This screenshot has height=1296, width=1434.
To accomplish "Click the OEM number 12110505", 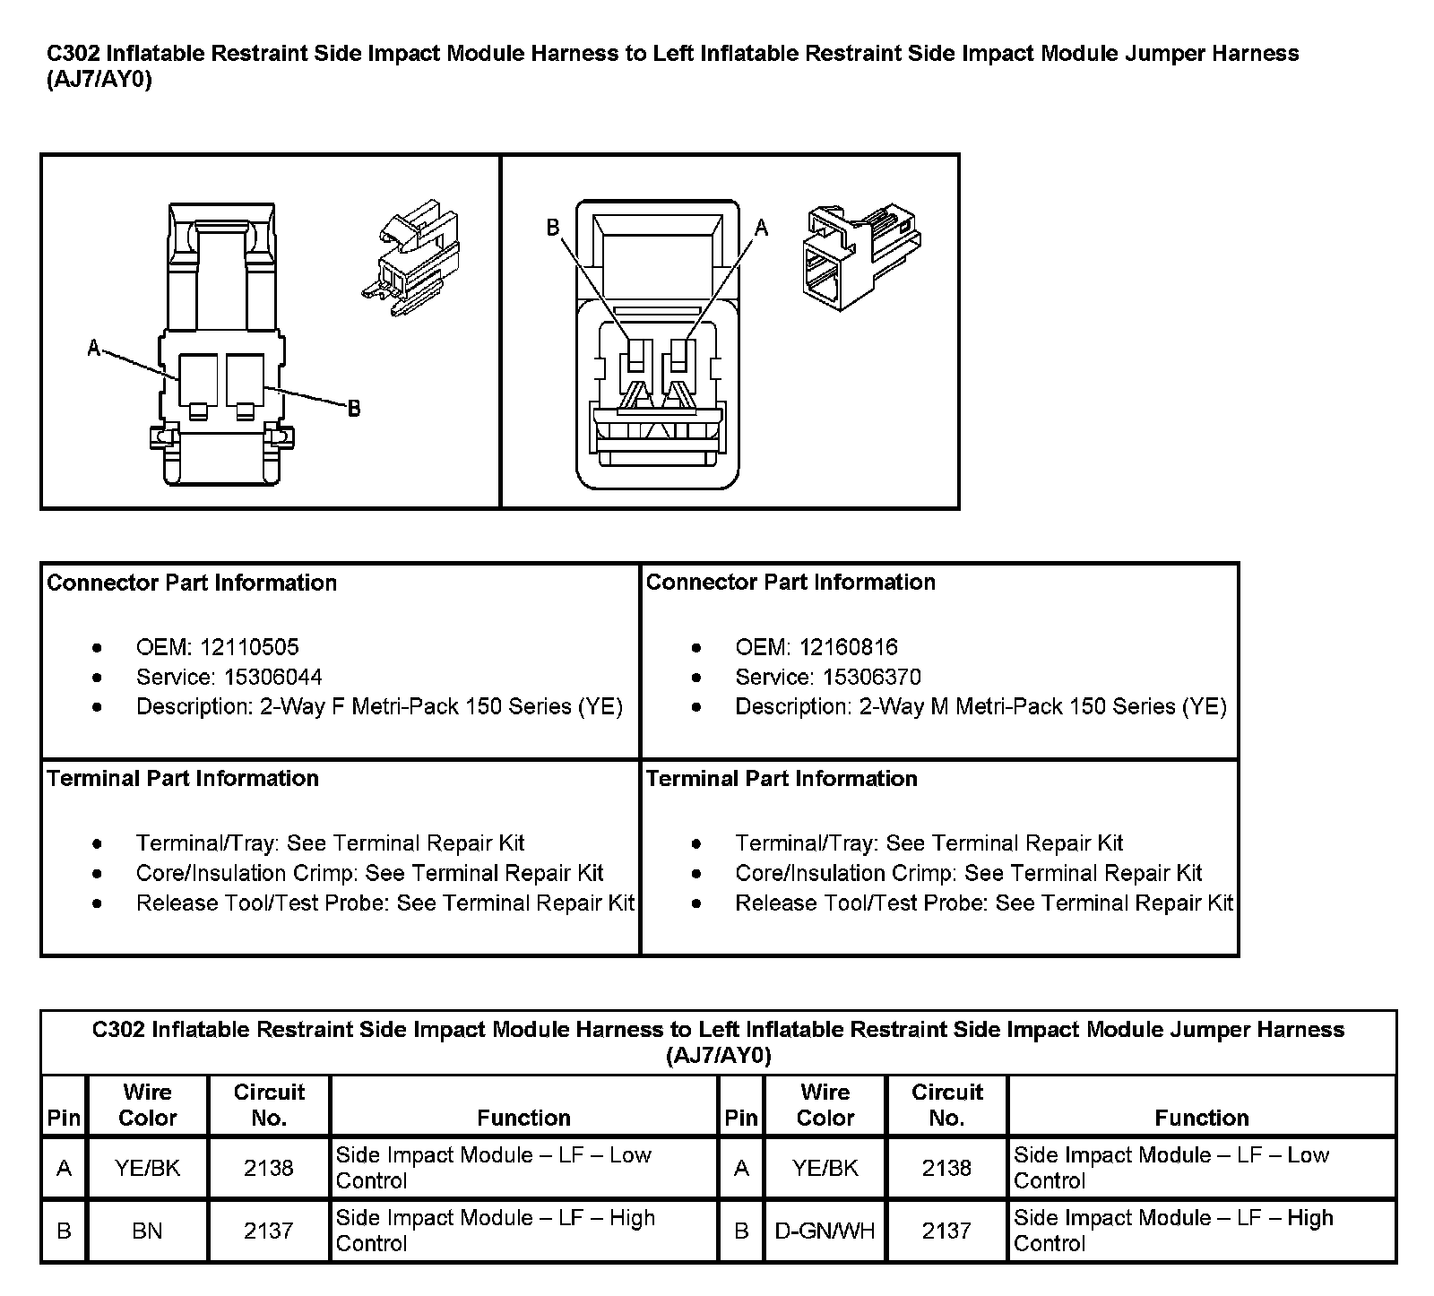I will [249, 647].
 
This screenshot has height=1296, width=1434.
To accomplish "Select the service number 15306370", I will [872, 677].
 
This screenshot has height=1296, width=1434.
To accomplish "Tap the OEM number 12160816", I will [848, 647].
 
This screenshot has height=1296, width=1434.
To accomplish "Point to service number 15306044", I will [273, 677].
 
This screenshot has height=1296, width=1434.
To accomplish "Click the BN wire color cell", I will [147, 1231].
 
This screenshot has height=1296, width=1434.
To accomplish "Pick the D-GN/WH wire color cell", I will [825, 1231].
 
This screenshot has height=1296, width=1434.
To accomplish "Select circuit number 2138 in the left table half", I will [269, 1168].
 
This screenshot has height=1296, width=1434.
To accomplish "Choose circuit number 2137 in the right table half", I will [946, 1231].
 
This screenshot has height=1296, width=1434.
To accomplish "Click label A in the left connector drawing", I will [94, 348].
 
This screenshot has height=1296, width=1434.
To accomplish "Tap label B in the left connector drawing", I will [354, 409].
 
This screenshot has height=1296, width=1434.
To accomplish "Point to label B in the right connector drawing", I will [554, 228].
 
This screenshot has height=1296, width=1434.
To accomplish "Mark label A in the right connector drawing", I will [762, 228].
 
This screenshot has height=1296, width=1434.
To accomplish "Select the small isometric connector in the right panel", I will [859, 256].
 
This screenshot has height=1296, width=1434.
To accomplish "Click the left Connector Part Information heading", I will [192, 583].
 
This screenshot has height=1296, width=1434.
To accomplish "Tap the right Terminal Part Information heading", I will [782, 778].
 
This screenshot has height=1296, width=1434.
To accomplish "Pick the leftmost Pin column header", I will [64, 1118].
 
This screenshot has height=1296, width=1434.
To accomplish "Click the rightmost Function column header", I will [1201, 1118].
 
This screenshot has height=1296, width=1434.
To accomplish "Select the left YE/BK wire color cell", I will [147, 1168].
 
